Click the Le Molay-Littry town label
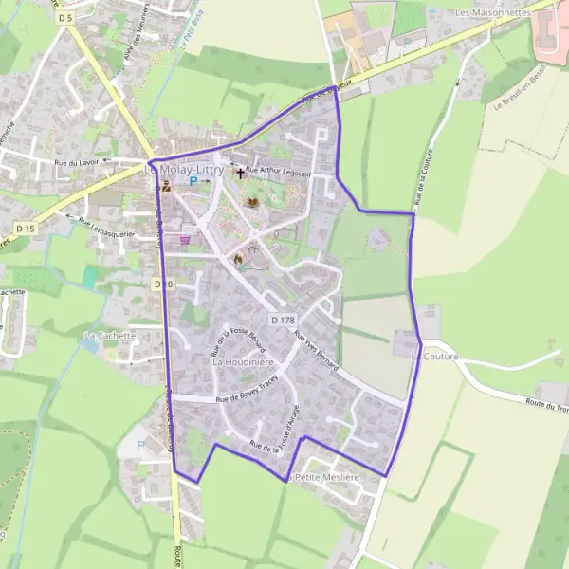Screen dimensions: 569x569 tap(187, 170)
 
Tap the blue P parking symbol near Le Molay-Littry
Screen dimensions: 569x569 tap(194, 181)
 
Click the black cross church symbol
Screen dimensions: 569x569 tap(240, 174)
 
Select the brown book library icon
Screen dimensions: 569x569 tap(252, 202)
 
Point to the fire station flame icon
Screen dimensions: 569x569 tap(238, 257)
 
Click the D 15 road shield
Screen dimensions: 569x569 tap(26, 229)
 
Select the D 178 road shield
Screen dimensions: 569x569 tap(282, 320)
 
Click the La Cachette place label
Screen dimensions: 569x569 tap(111, 336)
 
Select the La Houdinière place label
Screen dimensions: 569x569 tap(243, 362)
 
